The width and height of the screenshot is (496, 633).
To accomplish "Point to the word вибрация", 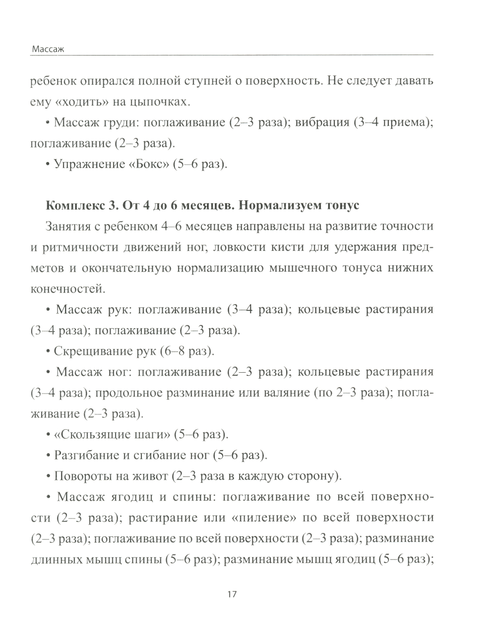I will click(322, 123).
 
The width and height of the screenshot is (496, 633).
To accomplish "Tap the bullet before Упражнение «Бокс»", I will click(48, 164).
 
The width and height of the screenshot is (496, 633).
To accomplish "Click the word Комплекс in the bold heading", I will click(69, 206).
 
